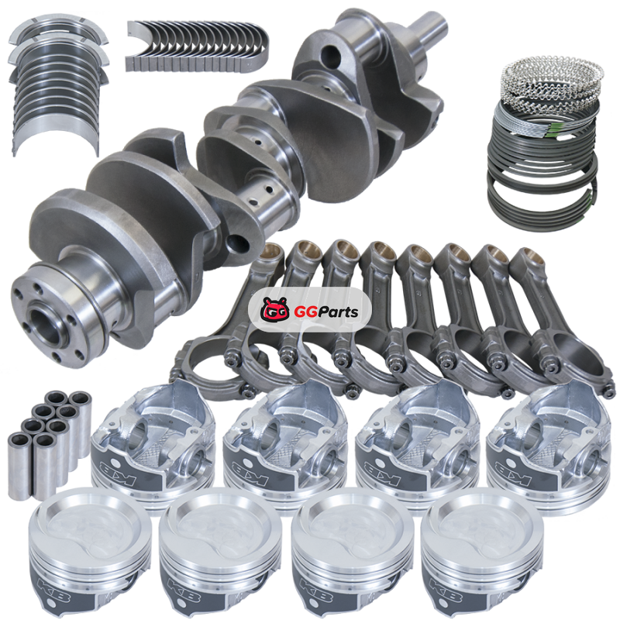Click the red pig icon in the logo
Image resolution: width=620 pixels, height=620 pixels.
[x=275, y=309]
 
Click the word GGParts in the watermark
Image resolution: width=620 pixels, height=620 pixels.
[x=326, y=312]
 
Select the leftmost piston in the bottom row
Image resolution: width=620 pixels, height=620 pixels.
[x=91, y=553]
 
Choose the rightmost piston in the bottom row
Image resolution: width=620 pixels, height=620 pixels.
[x=482, y=553]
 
